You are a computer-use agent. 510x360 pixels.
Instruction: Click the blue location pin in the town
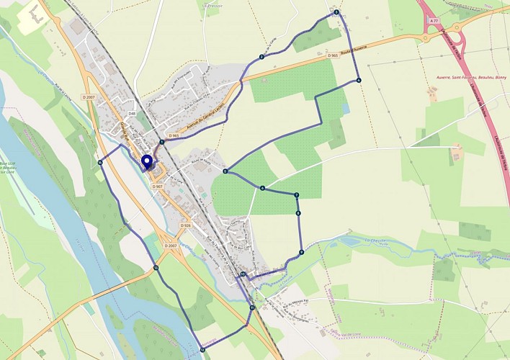(147, 161)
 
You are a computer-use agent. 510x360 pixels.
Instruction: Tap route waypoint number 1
(162, 142)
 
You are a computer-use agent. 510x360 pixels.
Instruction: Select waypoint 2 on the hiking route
(261, 56)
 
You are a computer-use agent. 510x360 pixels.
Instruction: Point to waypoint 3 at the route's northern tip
(336, 13)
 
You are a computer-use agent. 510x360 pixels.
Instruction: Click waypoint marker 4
(358, 81)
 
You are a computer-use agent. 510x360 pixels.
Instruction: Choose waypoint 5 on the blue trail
(225, 171)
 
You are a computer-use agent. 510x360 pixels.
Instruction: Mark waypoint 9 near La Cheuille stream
(301, 252)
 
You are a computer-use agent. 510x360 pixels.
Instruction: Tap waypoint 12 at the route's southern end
(202, 350)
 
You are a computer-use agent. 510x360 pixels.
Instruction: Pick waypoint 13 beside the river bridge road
(156, 268)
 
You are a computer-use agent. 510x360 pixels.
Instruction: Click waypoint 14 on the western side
(100, 163)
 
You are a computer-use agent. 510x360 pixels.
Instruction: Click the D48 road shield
(132, 114)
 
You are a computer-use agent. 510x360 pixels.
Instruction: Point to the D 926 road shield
(186, 225)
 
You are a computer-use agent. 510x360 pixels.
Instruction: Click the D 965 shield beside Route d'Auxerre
(333, 55)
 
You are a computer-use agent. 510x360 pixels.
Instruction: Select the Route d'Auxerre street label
(354, 48)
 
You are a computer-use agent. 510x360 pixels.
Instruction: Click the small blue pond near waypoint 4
(346, 109)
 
